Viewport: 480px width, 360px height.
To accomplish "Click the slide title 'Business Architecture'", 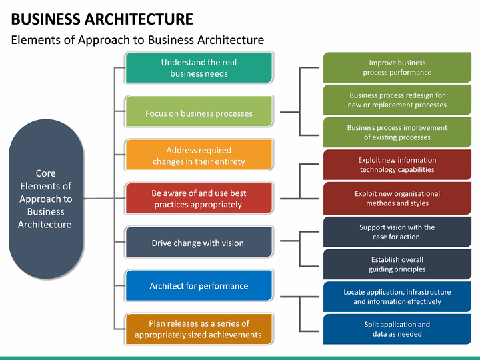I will [103, 19].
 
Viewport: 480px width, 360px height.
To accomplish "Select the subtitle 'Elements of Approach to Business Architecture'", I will [137, 40].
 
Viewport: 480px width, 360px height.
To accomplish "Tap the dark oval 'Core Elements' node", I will [45, 199].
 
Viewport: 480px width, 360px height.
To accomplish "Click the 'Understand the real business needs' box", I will [199, 67].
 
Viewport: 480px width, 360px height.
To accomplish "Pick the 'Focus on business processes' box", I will [199, 113].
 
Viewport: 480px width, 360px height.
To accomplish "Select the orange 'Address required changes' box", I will [199, 155].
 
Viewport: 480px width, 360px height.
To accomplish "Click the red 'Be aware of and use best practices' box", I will [199, 199].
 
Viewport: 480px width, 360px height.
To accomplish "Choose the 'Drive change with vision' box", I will [199, 243].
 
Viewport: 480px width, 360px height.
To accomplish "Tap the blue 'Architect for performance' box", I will [199, 285].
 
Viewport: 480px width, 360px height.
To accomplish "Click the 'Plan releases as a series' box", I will [199, 329].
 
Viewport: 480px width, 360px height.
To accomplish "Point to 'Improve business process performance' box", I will [397, 67].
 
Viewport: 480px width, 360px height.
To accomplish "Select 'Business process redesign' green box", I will [397, 100].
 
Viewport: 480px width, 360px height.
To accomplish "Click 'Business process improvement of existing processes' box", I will [397, 132].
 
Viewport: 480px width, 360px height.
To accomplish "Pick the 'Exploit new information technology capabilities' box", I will [397, 165].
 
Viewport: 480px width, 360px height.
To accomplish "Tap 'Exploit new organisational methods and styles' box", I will [397, 198].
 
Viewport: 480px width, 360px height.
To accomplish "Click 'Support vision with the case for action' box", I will [397, 231].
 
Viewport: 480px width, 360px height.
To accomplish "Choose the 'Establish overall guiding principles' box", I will [397, 264].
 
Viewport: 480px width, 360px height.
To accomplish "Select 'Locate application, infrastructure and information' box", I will [397, 297].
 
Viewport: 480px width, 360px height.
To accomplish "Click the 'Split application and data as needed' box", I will [397, 329].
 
